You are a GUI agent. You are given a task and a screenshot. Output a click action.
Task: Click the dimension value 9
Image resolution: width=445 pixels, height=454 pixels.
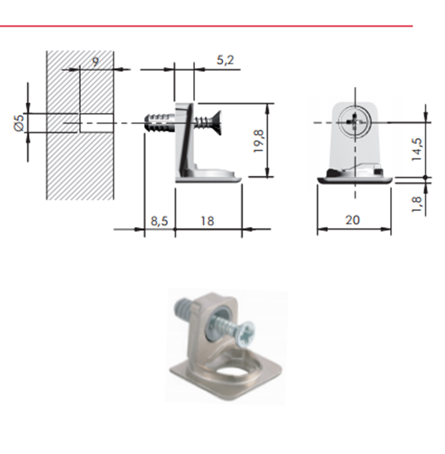coord(96,61)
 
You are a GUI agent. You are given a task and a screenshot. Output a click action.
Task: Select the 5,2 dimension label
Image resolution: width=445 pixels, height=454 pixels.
coord(225,60)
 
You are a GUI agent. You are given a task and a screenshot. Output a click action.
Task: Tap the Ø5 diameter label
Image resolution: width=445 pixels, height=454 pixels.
coord(19,123)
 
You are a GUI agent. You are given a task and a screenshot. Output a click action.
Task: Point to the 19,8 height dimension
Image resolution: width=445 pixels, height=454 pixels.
coord(259,141)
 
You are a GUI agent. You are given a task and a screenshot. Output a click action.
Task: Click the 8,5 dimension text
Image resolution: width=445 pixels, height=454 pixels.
coord(160,221)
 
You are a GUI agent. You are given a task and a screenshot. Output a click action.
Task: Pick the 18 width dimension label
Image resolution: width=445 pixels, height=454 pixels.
coord(207,221)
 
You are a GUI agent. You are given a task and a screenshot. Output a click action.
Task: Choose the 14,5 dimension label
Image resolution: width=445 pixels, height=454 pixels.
coord(417,149)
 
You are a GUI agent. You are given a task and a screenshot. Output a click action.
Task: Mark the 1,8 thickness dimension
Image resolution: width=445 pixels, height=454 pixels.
coord(417,204)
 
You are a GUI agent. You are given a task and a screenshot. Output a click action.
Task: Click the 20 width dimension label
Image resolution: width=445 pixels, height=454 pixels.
coord(353,220)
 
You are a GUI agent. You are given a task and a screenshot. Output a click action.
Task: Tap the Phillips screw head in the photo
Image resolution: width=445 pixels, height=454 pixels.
coord(245,334)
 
